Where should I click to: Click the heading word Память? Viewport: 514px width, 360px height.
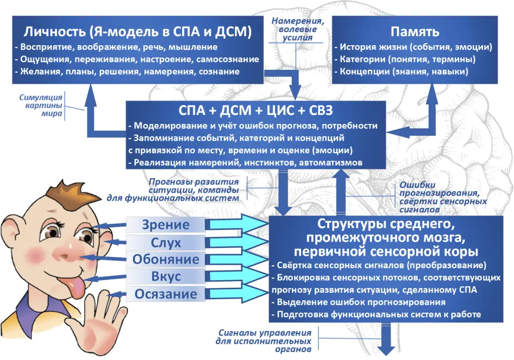(415, 32)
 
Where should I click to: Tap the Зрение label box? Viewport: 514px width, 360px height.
(166, 224)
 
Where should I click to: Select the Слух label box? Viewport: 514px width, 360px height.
(166, 243)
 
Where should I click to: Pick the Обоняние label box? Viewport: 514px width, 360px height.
(166, 260)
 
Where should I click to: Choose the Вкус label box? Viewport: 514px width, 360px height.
(166, 277)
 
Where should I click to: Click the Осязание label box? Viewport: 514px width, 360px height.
(166, 294)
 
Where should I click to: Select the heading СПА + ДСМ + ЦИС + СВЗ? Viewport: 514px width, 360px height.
(256, 110)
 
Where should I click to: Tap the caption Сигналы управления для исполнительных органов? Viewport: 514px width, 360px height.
(265, 340)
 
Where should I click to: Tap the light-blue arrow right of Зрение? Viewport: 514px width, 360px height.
(236, 224)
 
